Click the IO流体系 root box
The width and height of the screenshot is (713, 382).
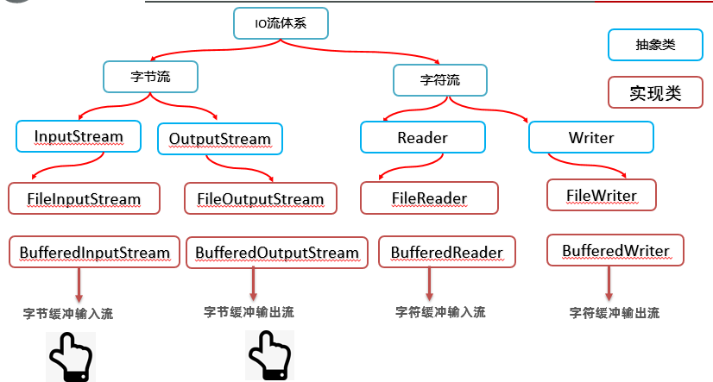pyautogui.click(x=281, y=23)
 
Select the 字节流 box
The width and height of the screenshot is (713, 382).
pyautogui.click(x=151, y=77)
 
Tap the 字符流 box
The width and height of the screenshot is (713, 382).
pyautogui.click(x=440, y=80)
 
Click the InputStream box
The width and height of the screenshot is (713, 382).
pyautogui.click(x=79, y=136)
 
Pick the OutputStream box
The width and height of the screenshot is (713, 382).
pyautogui.click(x=219, y=139)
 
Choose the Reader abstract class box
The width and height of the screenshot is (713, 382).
pyautogui.click(x=422, y=138)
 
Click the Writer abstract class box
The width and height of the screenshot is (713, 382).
pyautogui.click(x=590, y=138)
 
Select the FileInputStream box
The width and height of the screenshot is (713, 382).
pyautogui.click(x=84, y=199)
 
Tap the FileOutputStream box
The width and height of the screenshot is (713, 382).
pyautogui.click(x=260, y=199)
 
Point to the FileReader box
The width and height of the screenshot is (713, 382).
pyautogui.click(x=429, y=198)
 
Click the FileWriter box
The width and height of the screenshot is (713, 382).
pyautogui.click(x=602, y=195)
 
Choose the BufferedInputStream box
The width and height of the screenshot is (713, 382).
pyautogui.click(x=95, y=253)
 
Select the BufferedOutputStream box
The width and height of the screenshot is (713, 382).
pyautogui.click(x=276, y=253)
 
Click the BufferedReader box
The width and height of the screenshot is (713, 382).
pyautogui.click(x=446, y=253)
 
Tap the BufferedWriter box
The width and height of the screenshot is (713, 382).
pyautogui.click(x=615, y=251)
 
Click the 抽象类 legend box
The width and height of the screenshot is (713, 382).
pyautogui.click(x=654, y=46)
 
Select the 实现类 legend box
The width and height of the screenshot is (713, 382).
pyautogui.click(x=654, y=93)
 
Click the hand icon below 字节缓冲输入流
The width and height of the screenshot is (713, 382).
pyautogui.click(x=69, y=356)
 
